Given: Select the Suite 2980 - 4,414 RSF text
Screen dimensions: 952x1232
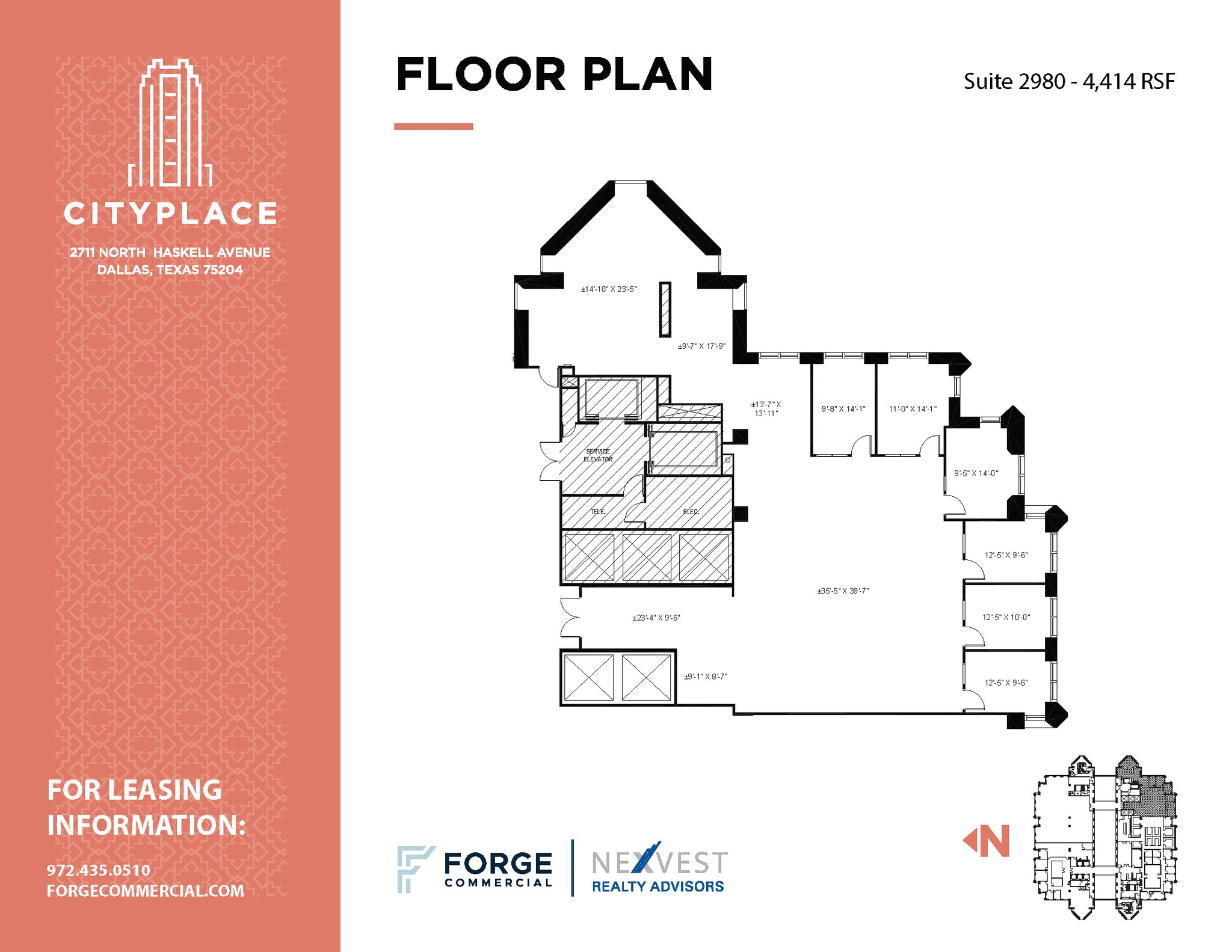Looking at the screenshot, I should pyautogui.click(x=1068, y=82).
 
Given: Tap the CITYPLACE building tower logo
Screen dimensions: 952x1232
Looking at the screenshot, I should pyautogui.click(x=170, y=123).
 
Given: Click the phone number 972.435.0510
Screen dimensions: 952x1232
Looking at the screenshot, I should pyautogui.click(x=99, y=870).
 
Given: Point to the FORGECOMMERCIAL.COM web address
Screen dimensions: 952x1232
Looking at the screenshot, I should pyautogui.click(x=146, y=891).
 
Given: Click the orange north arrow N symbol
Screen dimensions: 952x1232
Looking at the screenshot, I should pyautogui.click(x=987, y=841).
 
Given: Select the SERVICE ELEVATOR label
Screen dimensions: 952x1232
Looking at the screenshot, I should pyautogui.click(x=598, y=455).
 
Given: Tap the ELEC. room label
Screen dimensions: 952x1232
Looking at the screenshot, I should pyautogui.click(x=691, y=512).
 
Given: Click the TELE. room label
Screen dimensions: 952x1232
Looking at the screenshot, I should pyautogui.click(x=597, y=512).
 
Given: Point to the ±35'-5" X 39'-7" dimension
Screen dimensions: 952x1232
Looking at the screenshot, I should pyautogui.click(x=843, y=591).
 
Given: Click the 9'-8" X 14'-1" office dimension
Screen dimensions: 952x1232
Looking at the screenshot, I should pyautogui.click(x=843, y=409).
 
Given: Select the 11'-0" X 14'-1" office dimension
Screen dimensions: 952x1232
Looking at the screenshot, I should pyautogui.click(x=913, y=409).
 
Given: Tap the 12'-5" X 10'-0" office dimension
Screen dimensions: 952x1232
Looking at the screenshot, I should pyautogui.click(x=1006, y=617).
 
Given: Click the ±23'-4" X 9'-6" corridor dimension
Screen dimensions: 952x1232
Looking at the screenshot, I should pyautogui.click(x=656, y=618).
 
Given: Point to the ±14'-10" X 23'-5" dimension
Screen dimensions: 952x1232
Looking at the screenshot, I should pyautogui.click(x=608, y=289).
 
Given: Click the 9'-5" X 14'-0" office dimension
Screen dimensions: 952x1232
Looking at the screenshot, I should pyautogui.click(x=976, y=473).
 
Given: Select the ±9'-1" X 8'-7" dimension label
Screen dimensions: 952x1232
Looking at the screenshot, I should pyautogui.click(x=705, y=677).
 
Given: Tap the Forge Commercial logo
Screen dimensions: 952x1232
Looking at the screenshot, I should pyautogui.click(x=475, y=869).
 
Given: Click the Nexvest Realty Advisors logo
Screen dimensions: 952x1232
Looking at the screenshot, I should pyautogui.click(x=659, y=869).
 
